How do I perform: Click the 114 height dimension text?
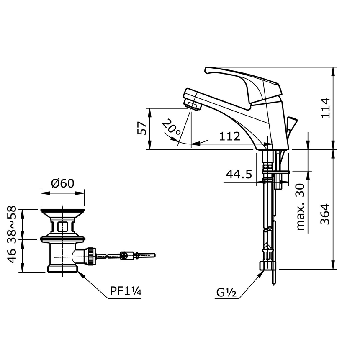[x=326, y=108]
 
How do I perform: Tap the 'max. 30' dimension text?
[x=301, y=207]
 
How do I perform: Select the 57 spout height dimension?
[x=142, y=129]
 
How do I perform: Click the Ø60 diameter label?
[x=62, y=183]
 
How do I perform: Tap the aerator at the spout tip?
[x=193, y=104]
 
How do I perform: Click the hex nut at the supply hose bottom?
[x=268, y=265]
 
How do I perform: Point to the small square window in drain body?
[x=62, y=226]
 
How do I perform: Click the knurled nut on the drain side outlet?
[x=89, y=255]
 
